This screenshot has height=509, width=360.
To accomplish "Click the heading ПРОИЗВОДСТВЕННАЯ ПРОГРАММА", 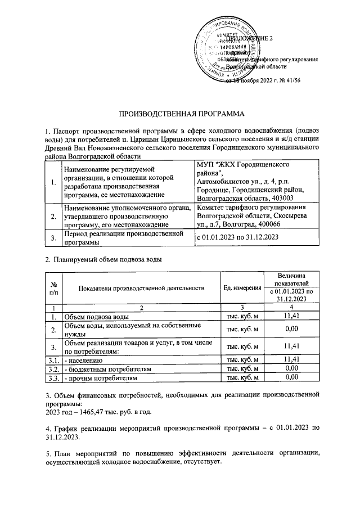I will coord(179,114).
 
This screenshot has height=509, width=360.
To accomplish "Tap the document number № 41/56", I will coord(304,80).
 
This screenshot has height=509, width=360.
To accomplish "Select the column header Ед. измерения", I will coord(242,288).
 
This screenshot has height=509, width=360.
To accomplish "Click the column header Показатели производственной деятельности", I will coord(141,288).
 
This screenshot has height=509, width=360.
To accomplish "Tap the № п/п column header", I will coord(54,288).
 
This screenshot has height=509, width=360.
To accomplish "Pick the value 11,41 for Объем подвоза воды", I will coord(290,317).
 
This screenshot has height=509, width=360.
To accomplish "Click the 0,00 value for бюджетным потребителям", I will coord(290,368).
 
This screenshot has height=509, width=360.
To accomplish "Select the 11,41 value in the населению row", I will coord(290,358).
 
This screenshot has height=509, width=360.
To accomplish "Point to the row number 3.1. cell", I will coord(54,359).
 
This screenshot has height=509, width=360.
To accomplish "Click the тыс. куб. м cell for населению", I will coord(242,359).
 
